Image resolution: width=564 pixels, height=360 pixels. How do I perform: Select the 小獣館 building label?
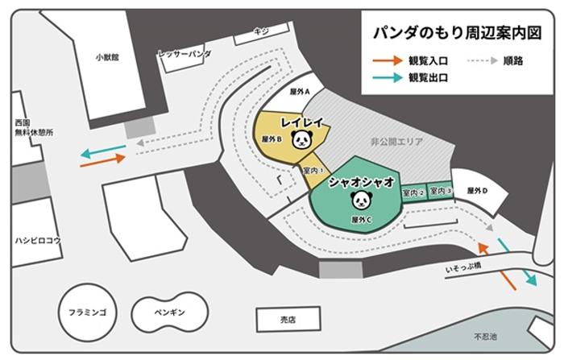tap(106, 57)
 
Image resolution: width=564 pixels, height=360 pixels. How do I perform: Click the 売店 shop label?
tap(288, 320)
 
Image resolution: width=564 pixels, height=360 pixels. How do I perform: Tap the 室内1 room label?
tap(313, 171)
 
